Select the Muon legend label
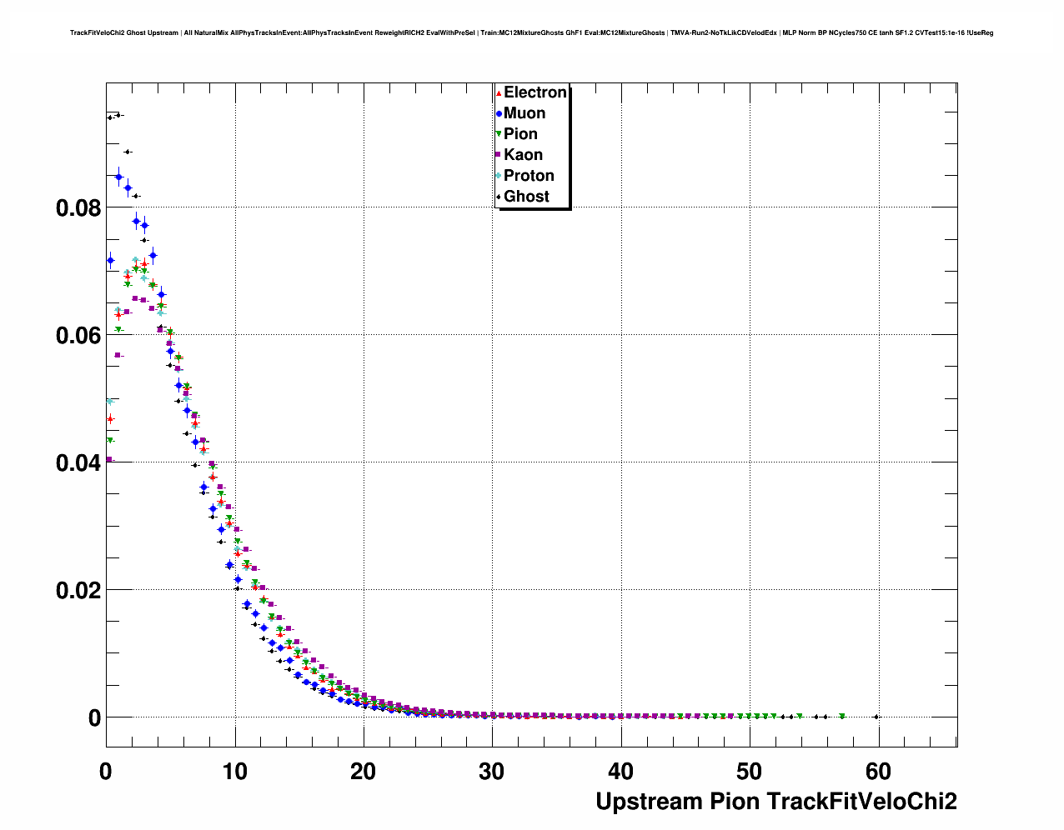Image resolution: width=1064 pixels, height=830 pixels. point(524,113)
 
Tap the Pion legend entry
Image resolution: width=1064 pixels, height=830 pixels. point(520,134)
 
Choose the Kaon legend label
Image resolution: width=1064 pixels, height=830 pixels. point(523,155)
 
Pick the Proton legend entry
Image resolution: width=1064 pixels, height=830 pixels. point(529,176)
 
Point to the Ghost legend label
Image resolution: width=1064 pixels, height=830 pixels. point(526,197)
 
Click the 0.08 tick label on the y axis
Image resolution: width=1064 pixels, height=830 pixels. point(78,208)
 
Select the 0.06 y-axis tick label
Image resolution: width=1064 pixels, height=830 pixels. point(78,336)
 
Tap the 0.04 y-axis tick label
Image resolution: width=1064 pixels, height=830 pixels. point(78,463)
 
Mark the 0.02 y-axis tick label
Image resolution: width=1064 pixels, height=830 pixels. point(78,591)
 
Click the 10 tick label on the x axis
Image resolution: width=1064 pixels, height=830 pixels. point(234,772)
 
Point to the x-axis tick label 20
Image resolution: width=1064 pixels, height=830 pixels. point(363,772)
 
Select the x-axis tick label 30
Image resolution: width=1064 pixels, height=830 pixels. point(492,772)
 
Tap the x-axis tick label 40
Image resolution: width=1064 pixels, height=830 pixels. point(620,772)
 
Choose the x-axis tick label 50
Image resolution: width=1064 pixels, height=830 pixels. point(750,772)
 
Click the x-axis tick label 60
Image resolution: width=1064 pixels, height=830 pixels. point(878,772)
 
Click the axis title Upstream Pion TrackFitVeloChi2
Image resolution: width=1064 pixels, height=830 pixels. point(776,802)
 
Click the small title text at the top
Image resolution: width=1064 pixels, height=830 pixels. point(531,33)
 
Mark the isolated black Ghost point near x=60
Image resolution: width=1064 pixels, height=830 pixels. point(876,717)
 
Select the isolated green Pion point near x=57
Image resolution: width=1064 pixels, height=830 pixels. point(842,716)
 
